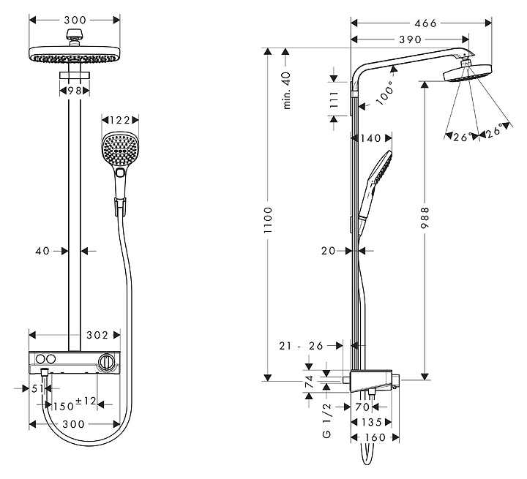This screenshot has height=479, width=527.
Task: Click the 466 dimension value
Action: click(x=425, y=23)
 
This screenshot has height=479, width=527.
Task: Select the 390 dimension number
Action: click(x=410, y=39)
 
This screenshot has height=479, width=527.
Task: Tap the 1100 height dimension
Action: click(x=268, y=220)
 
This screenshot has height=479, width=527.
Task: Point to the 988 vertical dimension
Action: click(x=425, y=218)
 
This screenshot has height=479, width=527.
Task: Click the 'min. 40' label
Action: click(x=286, y=91)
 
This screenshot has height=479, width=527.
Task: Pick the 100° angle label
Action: click(x=386, y=93)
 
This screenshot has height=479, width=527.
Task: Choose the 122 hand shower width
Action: click(x=119, y=120)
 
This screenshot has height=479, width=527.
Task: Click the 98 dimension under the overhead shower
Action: click(x=75, y=91)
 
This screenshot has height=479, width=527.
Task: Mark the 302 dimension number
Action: click(x=97, y=335)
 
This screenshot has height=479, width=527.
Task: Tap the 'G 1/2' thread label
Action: click(x=326, y=421)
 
